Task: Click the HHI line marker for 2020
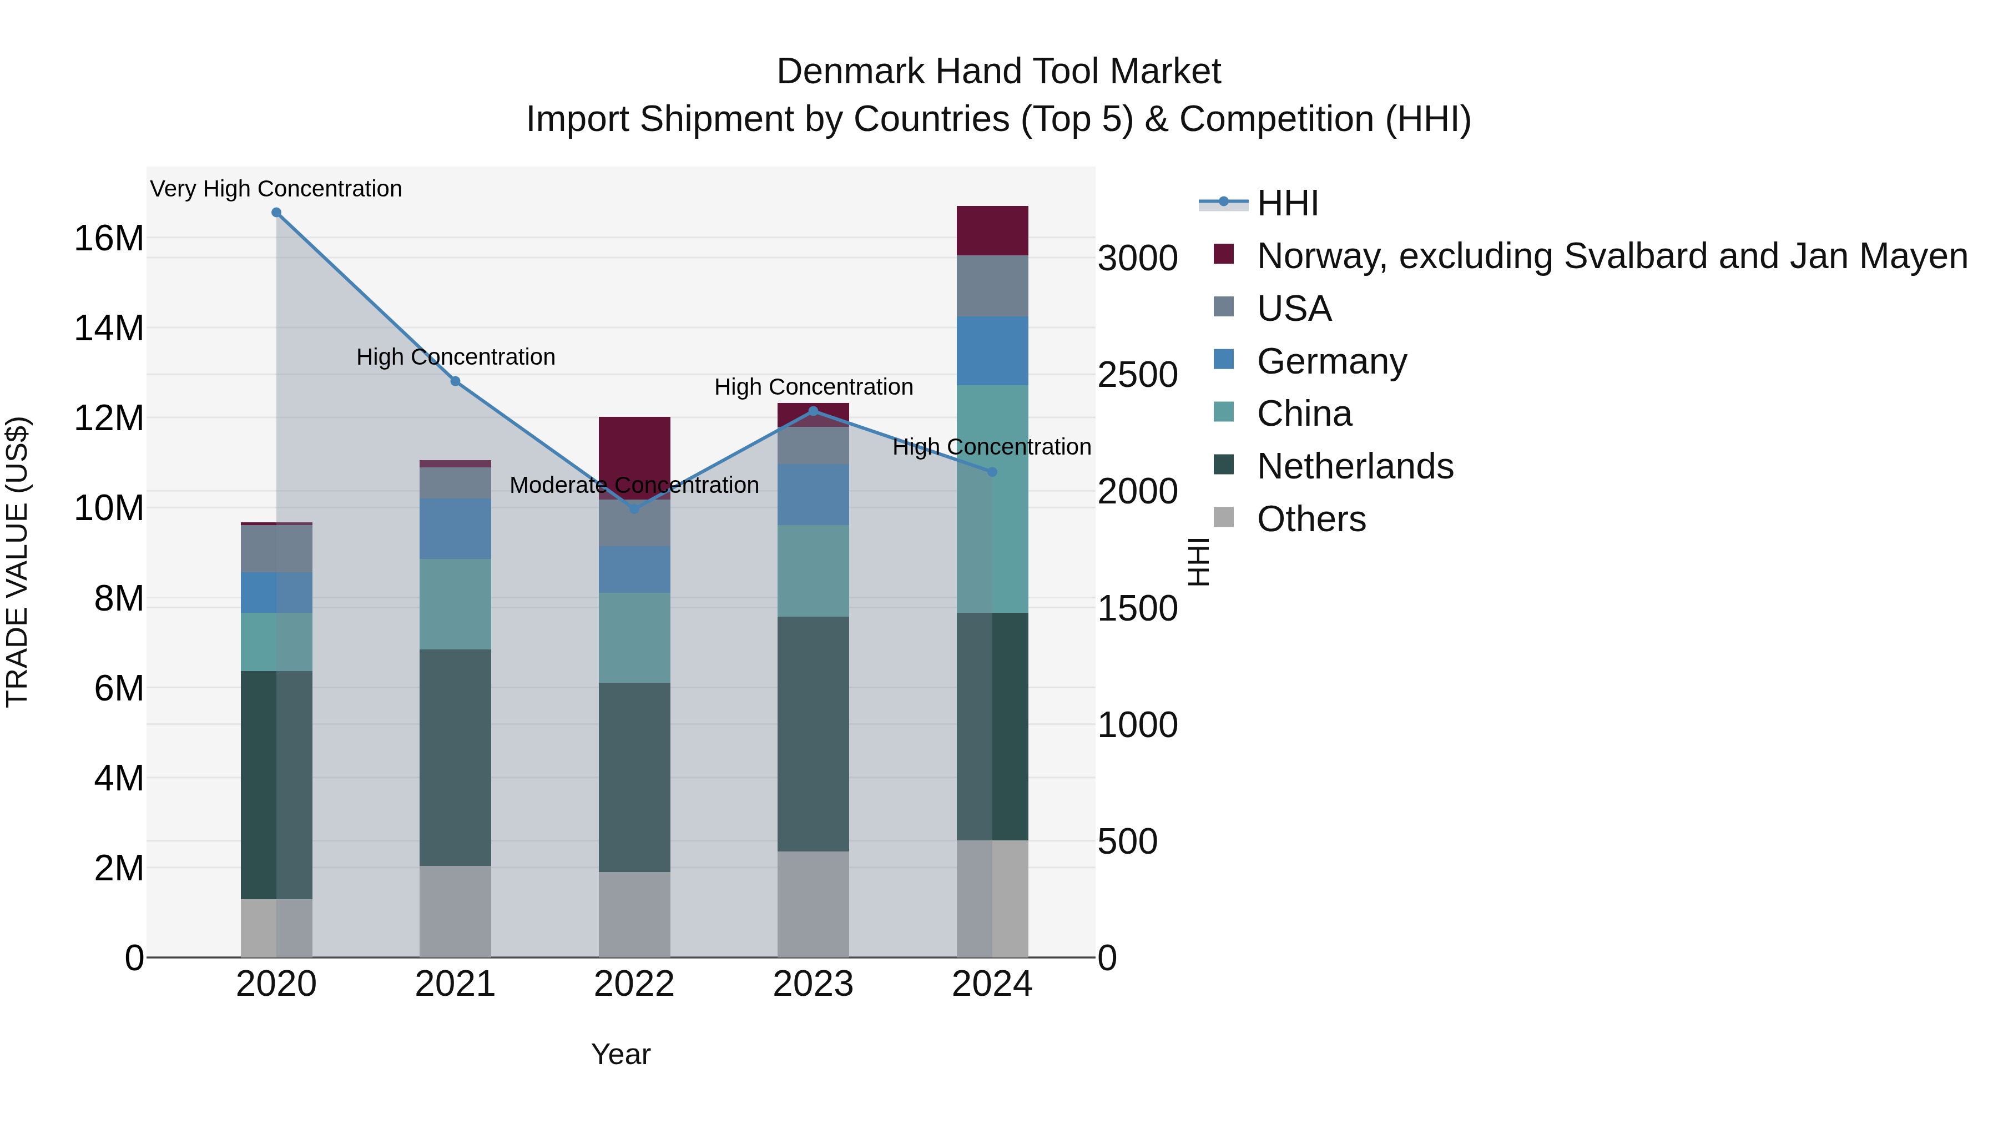[x=276, y=213]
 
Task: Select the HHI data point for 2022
[x=634, y=509]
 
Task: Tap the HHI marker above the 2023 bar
[x=813, y=411]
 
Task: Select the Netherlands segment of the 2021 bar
[x=455, y=757]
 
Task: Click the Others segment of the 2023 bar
[x=813, y=905]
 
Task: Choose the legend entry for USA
[x=1293, y=309]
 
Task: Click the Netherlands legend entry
[x=1354, y=467]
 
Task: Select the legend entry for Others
[x=1311, y=519]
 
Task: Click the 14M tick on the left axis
[x=109, y=328]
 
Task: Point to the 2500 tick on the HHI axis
[x=1137, y=375]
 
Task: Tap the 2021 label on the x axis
[x=455, y=984]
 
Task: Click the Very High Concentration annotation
[x=276, y=189]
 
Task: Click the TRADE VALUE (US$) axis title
[x=17, y=562]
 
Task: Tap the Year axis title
[x=620, y=1054]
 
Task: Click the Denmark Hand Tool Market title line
[x=998, y=72]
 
